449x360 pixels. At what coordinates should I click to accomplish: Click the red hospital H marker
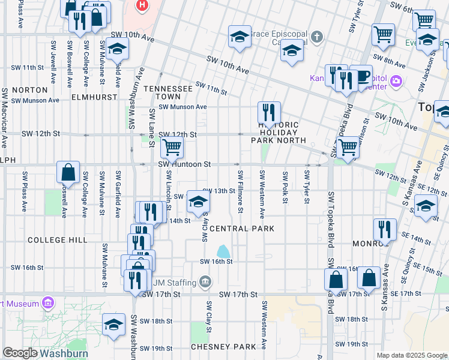(142, 6)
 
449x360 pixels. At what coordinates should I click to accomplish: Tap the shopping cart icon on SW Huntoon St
(172, 148)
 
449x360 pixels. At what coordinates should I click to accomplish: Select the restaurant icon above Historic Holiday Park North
(269, 112)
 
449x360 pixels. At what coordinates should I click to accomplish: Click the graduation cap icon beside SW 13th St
(198, 202)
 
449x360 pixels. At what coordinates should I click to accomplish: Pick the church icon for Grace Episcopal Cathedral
(317, 38)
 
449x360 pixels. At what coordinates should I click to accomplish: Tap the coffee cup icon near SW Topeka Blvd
(361, 76)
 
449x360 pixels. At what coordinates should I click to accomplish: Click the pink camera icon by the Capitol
(396, 81)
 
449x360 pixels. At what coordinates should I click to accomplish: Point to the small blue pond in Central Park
(223, 250)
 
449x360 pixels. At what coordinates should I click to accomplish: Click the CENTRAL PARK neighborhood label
(242, 229)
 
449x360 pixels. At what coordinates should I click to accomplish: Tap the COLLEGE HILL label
(58, 240)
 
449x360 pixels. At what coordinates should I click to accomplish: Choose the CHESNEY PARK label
(223, 347)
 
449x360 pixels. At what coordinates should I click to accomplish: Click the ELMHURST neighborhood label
(92, 96)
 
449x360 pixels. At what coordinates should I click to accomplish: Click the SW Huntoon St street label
(184, 164)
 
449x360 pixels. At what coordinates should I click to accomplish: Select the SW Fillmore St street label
(240, 191)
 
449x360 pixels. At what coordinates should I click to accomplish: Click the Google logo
(20, 353)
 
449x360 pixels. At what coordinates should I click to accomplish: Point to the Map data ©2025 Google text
(411, 355)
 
